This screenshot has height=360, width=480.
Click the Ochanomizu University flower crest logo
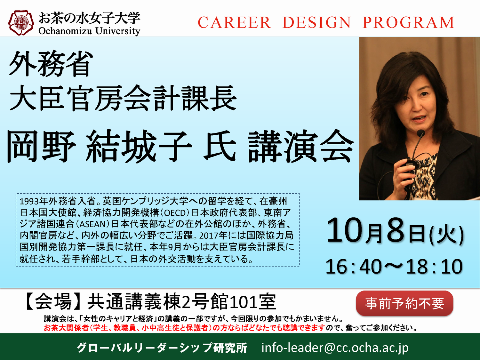coord(21,23)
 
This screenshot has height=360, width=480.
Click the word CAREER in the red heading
coord(234,22)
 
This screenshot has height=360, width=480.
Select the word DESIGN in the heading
coord(317,22)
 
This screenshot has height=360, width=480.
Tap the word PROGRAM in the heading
coord(408,22)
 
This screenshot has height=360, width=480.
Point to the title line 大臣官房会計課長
coord(123,98)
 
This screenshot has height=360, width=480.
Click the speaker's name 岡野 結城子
coord(100,146)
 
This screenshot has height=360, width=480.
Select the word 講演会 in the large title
coord(301,146)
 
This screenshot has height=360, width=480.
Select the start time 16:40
coord(354,267)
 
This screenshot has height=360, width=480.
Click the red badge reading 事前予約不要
coord(404,303)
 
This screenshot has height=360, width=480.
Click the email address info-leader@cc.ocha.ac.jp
coord(335,348)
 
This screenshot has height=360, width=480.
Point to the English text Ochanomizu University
coord(89,31)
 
